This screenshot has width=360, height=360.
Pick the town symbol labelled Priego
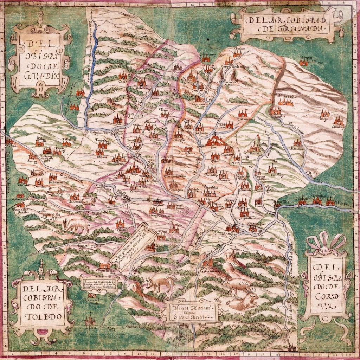pos(325,113)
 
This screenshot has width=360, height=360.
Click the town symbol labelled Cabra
pos(122,76)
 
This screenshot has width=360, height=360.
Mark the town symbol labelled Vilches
pos(120,224)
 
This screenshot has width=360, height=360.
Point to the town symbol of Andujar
pos(232,229)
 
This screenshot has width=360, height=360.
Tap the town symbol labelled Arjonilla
pos(244,213)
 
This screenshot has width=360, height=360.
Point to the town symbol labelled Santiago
pos(272,169)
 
